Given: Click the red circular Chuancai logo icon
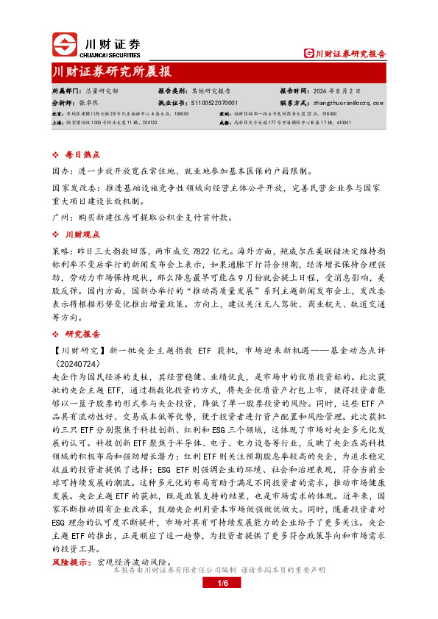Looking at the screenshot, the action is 65,46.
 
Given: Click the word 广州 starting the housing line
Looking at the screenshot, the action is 60,218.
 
